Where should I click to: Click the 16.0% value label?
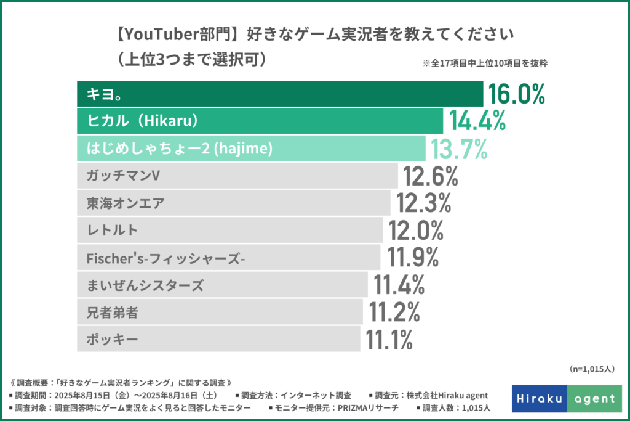pos(517,94)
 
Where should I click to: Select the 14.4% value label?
pos(477,121)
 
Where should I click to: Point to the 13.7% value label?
pos(460,149)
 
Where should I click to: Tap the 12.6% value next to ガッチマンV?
pos(431,176)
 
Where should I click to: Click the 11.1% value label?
pos(389,339)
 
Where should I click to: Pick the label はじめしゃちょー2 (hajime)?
pos(175,149)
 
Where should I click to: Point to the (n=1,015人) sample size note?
pos(589,369)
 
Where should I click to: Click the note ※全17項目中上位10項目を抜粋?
pos(485,63)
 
